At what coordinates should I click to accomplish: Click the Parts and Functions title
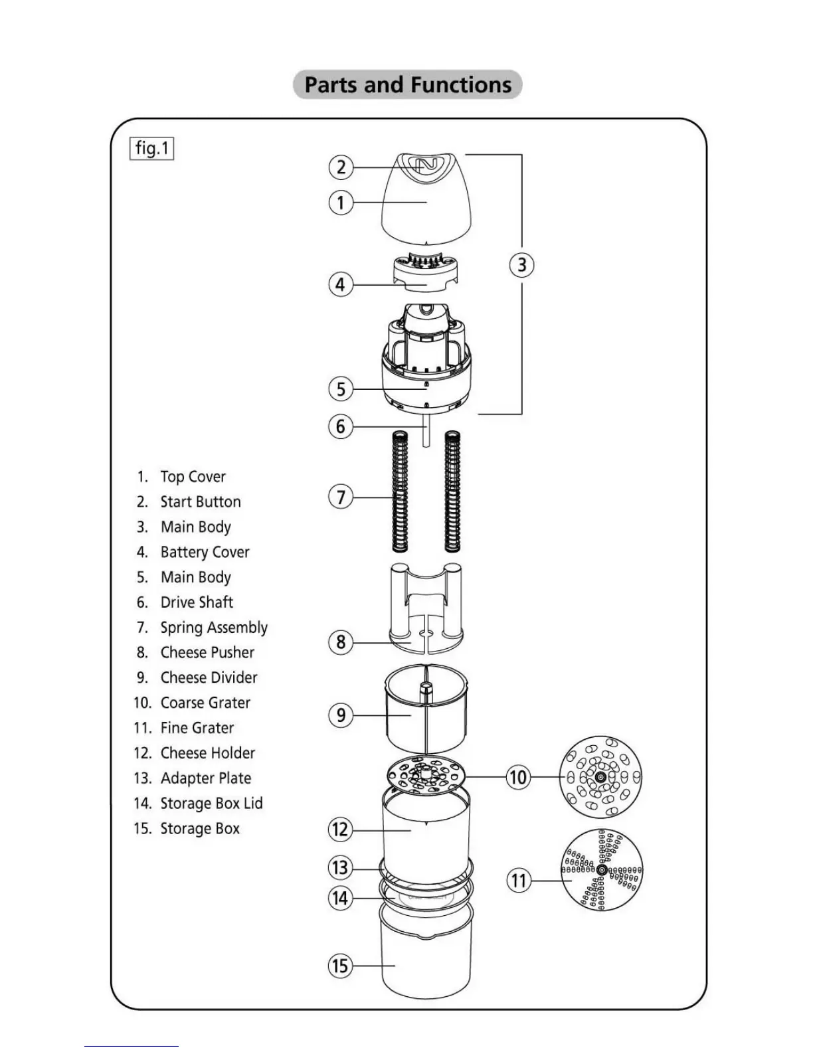[407, 85]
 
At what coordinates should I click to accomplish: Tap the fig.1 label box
[151, 148]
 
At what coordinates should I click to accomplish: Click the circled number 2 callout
[341, 167]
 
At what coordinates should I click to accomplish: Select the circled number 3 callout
[521, 265]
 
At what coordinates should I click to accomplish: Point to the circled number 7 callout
[341, 497]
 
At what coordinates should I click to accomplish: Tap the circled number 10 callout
[518, 777]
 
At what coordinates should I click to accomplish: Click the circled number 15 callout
[340, 966]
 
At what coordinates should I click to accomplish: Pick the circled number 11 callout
[518, 881]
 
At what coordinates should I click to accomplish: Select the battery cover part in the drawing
[423, 272]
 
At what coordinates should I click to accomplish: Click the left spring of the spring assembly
[400, 491]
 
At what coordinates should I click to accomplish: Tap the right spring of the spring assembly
[452, 491]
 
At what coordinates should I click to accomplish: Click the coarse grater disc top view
[601, 777]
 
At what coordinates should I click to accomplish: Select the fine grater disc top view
[602, 870]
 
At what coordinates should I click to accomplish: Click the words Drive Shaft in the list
[197, 602]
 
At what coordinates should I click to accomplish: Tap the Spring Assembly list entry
[213, 628]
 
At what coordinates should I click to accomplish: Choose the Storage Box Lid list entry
[211, 804]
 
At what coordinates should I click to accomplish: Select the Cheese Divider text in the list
[209, 677]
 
